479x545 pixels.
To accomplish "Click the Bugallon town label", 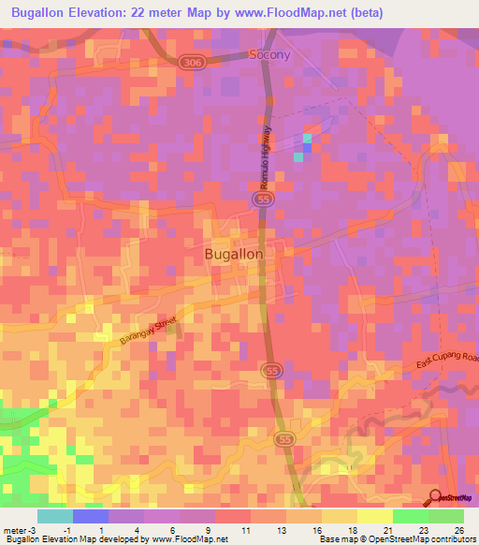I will tap(233, 253).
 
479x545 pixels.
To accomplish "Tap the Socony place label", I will tap(269, 55).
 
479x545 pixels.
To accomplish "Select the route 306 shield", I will tap(193, 60).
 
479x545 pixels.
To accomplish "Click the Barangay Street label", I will tap(148, 332).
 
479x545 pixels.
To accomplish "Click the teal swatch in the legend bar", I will tap(55, 516).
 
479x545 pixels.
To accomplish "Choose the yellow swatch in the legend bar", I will tap(374, 516).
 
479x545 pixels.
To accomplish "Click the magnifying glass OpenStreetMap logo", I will tap(437, 497).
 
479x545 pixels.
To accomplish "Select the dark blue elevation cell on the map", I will tap(307, 147).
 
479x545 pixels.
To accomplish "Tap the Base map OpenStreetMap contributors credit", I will tap(396, 539).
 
